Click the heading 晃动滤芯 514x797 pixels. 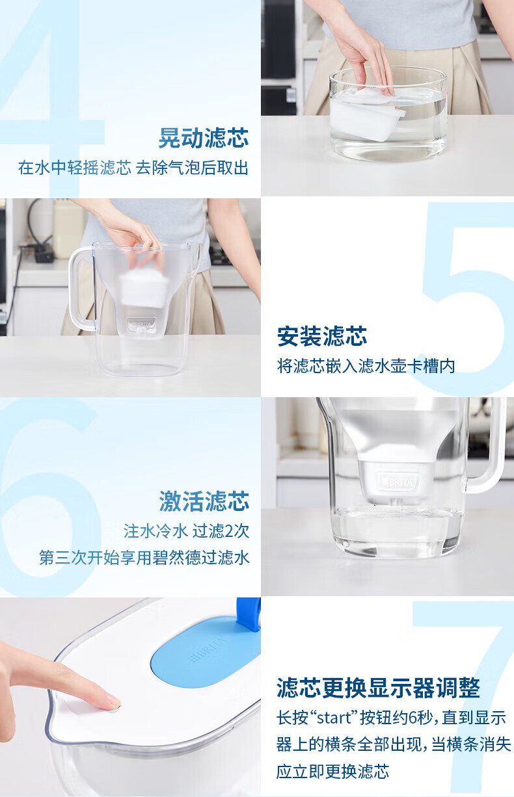tap(204, 138)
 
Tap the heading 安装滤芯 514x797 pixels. tap(322, 336)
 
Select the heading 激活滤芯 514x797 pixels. tap(204, 501)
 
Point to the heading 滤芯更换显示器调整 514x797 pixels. tap(378, 688)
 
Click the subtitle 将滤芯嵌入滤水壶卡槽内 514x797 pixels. tap(366, 366)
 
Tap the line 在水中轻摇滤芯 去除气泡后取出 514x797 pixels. tap(133, 168)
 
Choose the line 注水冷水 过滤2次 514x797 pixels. tap(186, 531)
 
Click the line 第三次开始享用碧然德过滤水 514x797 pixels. tap(144, 557)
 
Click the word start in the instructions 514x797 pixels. tap(334, 718)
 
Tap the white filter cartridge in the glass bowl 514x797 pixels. tap(367, 114)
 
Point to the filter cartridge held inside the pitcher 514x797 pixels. tap(144, 288)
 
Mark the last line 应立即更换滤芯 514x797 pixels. tap(332, 772)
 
